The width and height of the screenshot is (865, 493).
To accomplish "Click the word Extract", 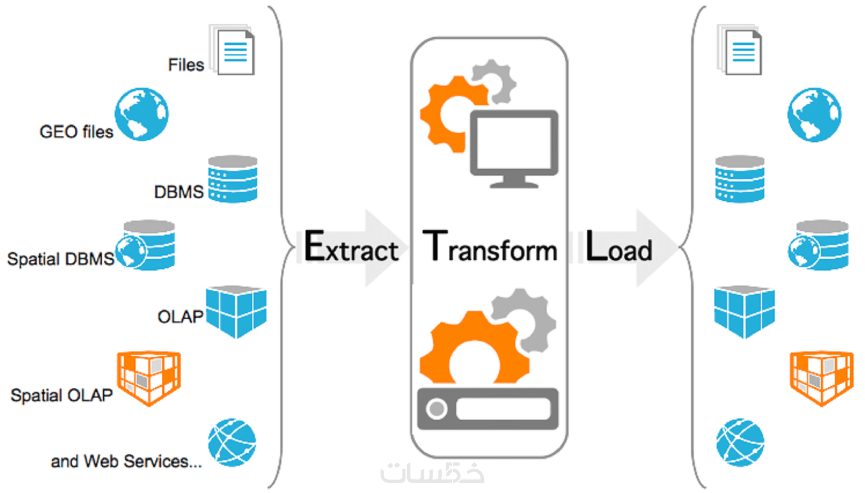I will pos(351,247).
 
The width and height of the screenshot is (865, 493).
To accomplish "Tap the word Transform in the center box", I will pos(489,247).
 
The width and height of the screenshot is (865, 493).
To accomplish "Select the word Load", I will pos(619,247).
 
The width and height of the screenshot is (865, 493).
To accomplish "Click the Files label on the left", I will pos(186,65).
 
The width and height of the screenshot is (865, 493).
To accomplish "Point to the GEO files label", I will pos(76,132).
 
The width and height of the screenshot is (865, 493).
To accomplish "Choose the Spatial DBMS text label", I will pos(61,259).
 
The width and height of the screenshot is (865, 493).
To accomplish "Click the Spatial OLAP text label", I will pos(62,395).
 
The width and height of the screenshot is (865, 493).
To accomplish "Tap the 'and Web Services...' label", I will pos(126,461).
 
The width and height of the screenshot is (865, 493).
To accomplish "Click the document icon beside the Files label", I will pos(234,51).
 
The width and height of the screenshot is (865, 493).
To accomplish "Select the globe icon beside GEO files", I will pos(141,114).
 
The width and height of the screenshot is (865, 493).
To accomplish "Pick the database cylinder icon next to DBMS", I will pos(233,179).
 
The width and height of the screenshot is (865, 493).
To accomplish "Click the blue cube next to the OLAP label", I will pos(236,312).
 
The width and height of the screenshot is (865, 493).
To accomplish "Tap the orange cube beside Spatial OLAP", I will pos(149,377).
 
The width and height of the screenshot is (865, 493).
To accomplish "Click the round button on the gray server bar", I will pos(437,409).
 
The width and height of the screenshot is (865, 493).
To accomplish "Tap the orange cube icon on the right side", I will pos(821,377).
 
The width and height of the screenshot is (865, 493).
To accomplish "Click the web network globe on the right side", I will pos(740,442).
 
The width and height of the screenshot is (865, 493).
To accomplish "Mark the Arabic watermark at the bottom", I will pos(432,473).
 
